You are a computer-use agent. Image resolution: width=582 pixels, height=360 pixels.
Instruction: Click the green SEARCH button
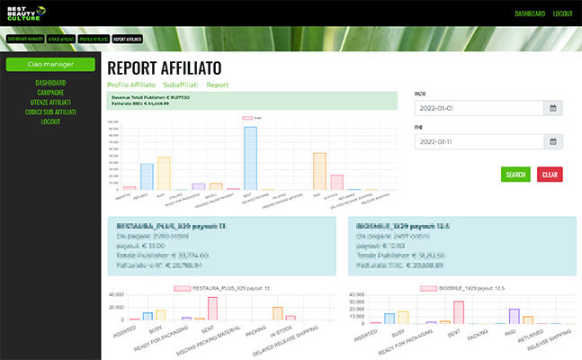click(515, 175)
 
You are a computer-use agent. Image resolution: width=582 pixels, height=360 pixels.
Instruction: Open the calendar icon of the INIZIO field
click(554, 108)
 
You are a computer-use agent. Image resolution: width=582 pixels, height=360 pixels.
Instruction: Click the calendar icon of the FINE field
click(554, 141)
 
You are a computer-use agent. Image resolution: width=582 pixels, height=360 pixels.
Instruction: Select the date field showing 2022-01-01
click(479, 108)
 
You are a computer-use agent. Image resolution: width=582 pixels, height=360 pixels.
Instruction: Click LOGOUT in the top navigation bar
click(563, 14)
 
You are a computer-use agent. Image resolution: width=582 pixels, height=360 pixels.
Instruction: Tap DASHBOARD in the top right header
click(531, 14)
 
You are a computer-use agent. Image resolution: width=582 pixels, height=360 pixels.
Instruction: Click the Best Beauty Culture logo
click(25, 13)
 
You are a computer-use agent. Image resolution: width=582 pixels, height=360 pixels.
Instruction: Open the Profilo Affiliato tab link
click(131, 85)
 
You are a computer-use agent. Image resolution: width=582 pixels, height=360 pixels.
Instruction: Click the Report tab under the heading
click(218, 85)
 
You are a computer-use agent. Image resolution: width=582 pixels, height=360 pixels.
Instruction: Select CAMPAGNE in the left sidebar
click(50, 93)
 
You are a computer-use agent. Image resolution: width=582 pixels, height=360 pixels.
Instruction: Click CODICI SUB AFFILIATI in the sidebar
click(50, 112)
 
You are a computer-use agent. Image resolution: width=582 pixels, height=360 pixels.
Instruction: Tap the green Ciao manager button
click(50, 65)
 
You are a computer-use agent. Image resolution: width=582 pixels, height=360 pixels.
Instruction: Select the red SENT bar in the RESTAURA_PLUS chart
click(212, 308)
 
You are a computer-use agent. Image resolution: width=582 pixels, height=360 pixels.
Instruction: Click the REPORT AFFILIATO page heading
click(164, 67)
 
